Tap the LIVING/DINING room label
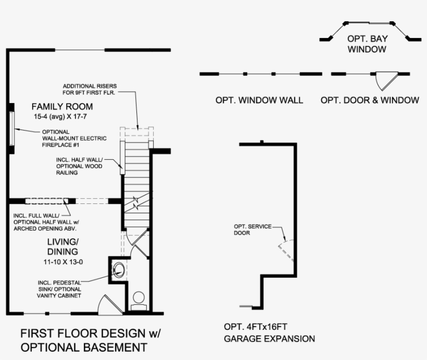point(62,247)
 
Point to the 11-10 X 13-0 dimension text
point(63,262)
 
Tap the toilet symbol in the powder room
point(139,300)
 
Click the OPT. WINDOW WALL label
point(259,100)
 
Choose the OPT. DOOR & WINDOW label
point(369,100)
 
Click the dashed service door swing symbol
point(285,250)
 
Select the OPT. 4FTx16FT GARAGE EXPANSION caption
point(269,333)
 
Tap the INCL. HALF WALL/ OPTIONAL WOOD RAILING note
point(79,165)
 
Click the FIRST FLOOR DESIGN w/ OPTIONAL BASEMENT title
point(83,340)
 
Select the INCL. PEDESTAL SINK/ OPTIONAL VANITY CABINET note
point(59,289)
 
